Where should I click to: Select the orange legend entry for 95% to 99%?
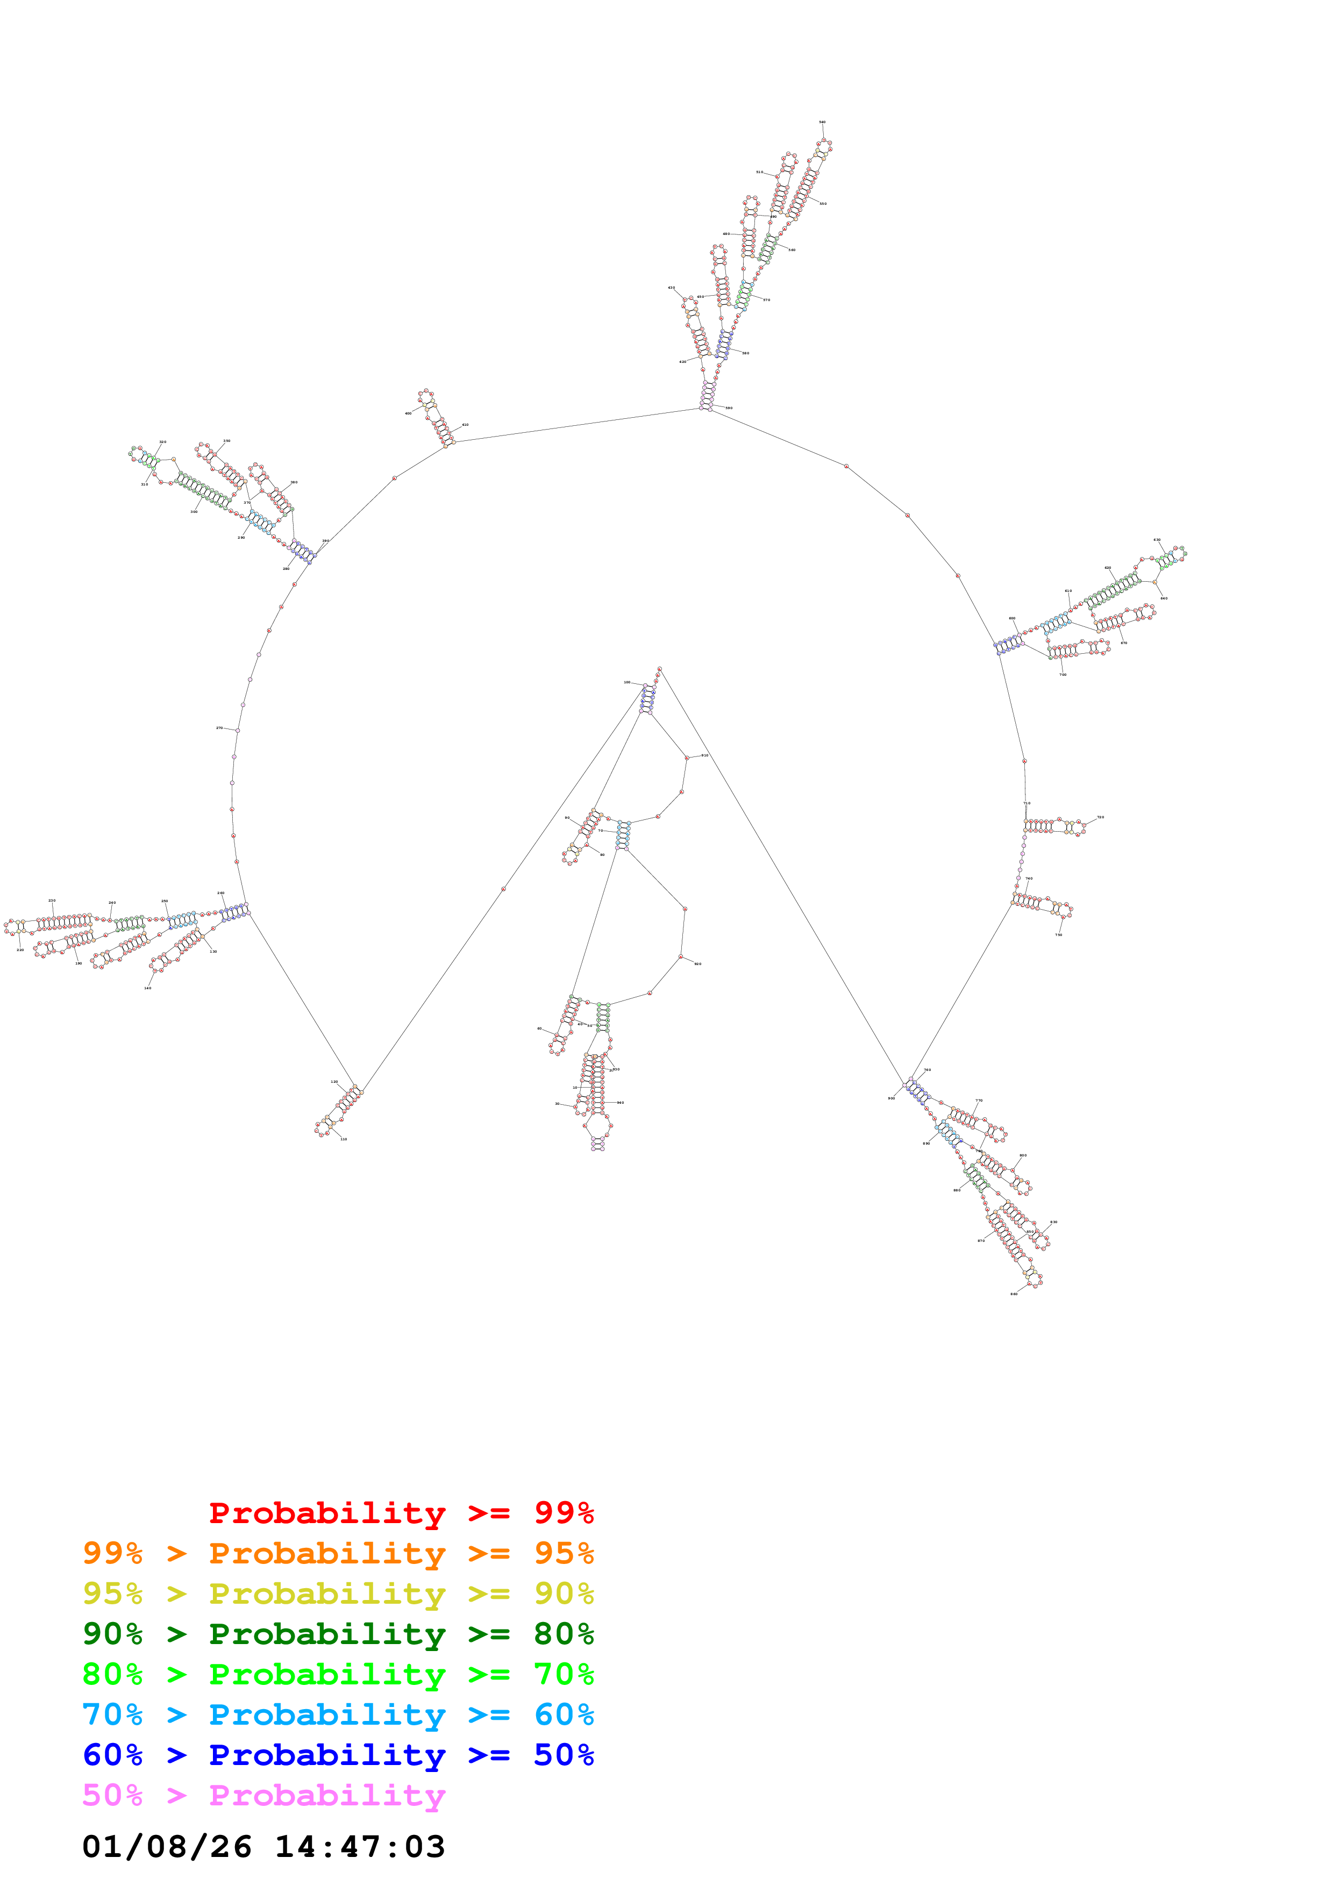pos(338,1553)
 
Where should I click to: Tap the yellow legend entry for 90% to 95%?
pos(338,1594)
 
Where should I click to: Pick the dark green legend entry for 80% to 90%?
pos(338,1634)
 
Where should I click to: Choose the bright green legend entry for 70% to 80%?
pos(338,1674)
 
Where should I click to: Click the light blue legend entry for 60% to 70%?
pos(338,1714)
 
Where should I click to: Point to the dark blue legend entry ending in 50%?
pos(338,1755)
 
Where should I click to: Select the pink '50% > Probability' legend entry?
pos(263,1795)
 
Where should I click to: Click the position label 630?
pos(1157,540)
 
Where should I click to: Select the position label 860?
pos(1014,1294)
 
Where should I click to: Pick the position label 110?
pos(343,1139)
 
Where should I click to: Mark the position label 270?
pos(219,728)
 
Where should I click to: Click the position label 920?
pos(698,963)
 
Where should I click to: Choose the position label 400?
pos(408,413)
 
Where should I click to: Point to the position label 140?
pos(148,988)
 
